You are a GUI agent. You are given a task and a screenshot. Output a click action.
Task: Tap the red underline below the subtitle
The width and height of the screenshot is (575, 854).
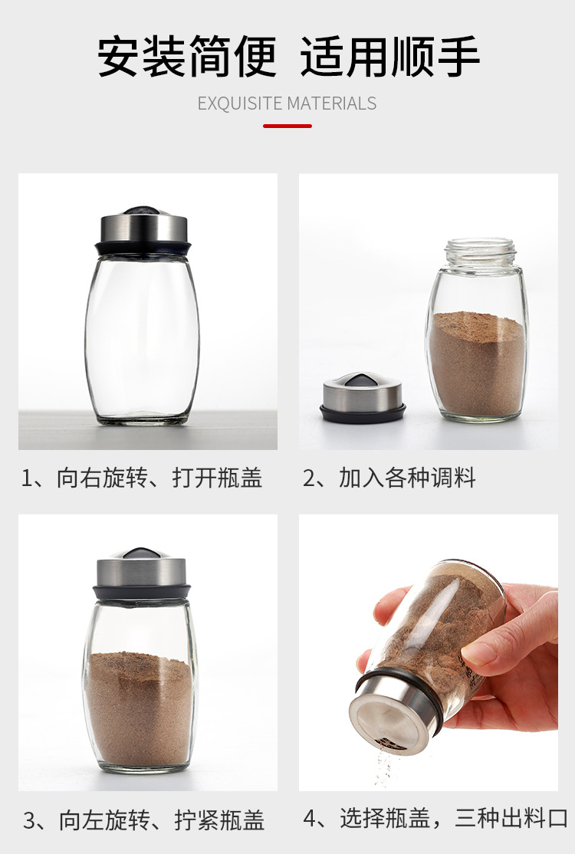tap(287, 126)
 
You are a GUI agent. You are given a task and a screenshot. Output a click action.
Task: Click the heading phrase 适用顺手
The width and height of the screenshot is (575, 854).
tap(389, 57)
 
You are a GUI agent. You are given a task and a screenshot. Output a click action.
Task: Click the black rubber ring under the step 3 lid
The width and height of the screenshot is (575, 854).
tap(141, 593)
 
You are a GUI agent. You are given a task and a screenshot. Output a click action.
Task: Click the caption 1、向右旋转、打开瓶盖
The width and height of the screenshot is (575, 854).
tap(142, 478)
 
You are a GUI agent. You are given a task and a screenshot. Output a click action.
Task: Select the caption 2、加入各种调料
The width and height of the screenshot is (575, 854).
tap(389, 478)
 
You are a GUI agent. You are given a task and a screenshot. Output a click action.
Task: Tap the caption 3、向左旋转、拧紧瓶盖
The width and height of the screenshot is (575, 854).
tap(143, 821)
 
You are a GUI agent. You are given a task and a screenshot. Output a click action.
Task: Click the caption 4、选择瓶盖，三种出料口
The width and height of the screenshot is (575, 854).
tap(435, 819)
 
